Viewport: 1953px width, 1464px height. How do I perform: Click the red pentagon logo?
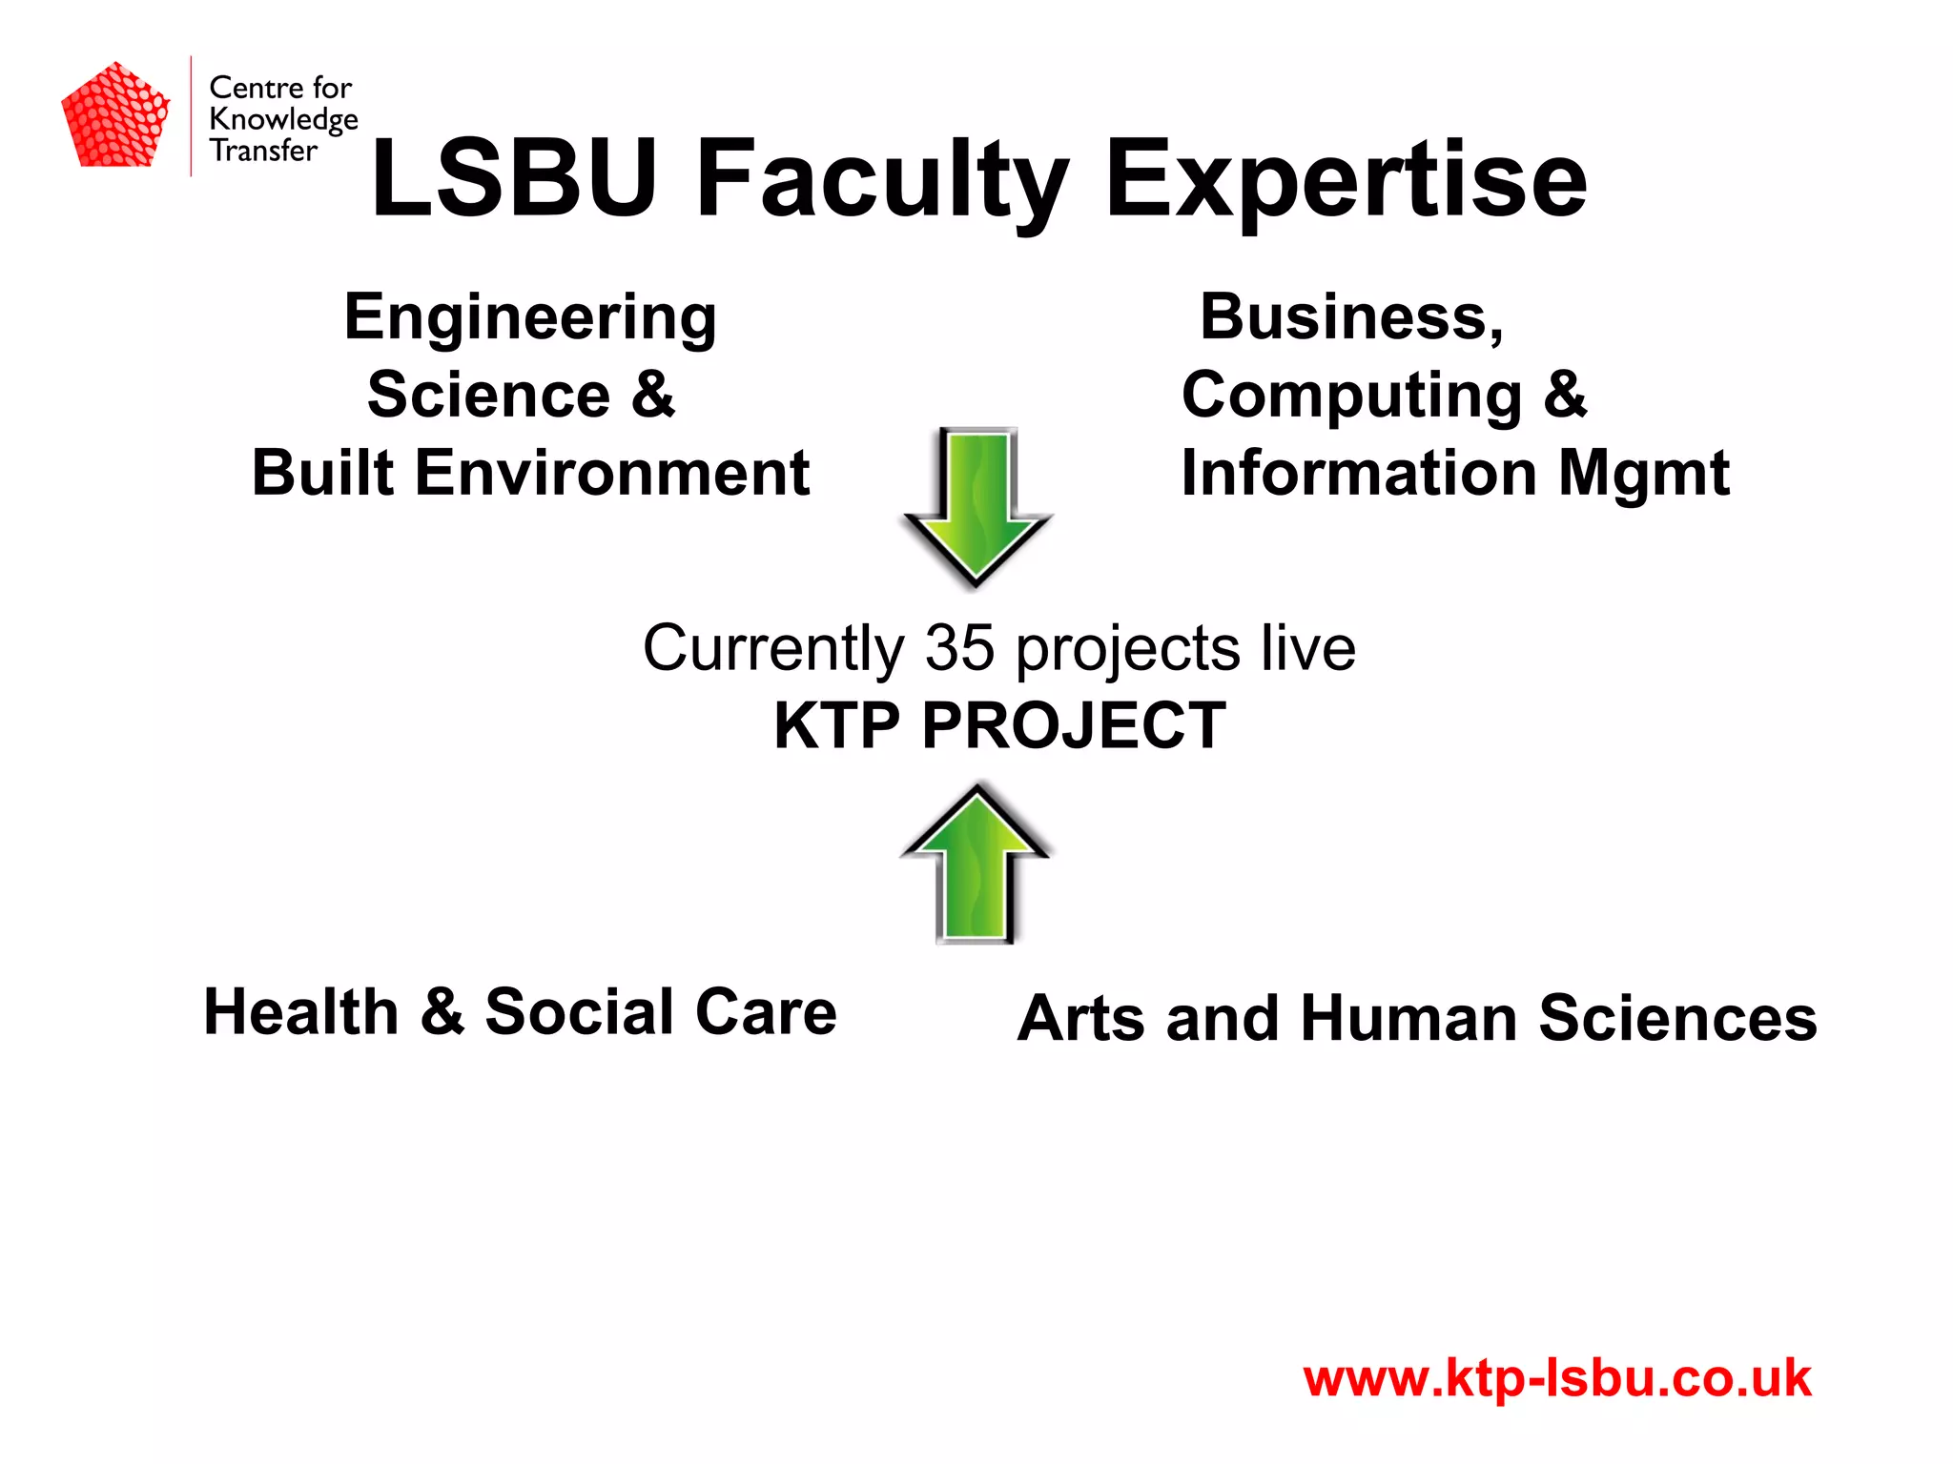115,115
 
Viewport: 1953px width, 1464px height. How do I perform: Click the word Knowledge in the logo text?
283,120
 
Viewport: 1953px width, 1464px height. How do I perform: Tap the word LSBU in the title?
514,179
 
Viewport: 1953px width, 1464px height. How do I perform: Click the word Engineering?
530,318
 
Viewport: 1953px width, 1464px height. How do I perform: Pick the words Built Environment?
530,473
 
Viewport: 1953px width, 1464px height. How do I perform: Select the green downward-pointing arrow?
976,505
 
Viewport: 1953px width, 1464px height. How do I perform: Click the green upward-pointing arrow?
975,863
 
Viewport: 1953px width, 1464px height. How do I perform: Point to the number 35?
960,648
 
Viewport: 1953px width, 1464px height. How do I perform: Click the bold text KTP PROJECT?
999,726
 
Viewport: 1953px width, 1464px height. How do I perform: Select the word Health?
301,1012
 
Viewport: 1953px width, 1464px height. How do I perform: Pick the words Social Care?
661,1012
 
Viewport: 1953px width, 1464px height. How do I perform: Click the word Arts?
1080,1019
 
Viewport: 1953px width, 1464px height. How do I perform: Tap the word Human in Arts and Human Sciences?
1408,1019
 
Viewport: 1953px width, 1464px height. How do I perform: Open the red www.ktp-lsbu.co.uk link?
1556,1378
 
